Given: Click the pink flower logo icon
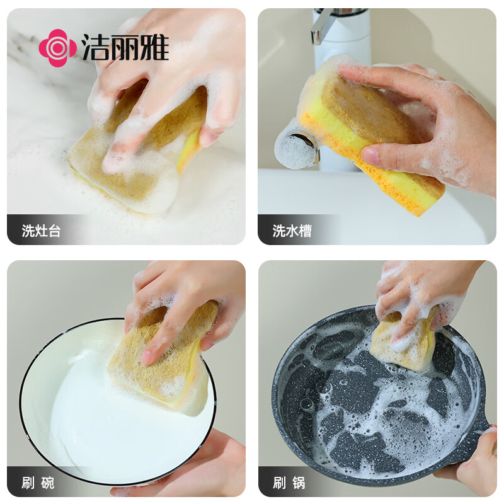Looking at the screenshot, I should coord(57,48).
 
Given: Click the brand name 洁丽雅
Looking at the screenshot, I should coord(125,48).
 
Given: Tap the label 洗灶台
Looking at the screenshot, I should coord(42,231).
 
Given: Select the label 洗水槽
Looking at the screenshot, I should coord(292,231).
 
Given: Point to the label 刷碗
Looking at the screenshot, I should coord(38,483).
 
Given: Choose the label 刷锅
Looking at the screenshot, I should coord(289,483).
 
